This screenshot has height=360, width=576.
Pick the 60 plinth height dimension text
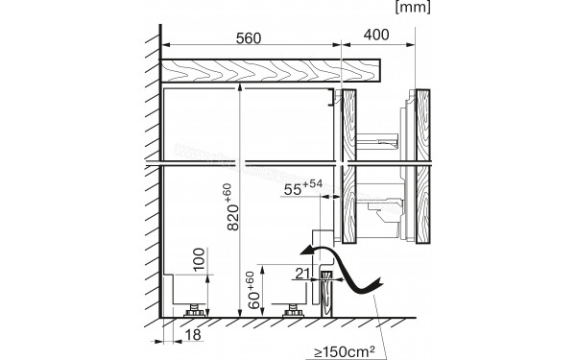tap(251, 288)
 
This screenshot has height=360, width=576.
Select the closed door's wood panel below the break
tap(349, 206)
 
